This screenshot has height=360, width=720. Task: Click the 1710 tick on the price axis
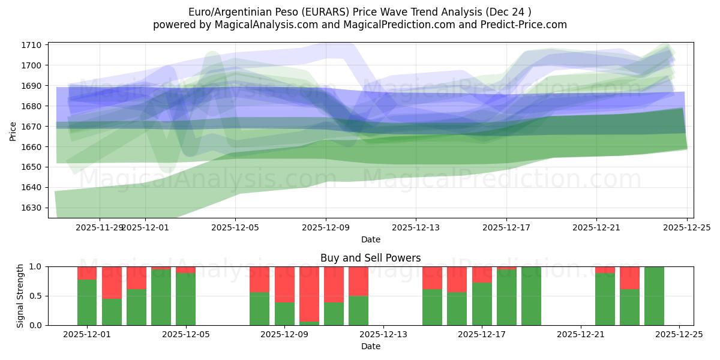(x=32, y=45)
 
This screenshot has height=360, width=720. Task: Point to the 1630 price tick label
(x=32, y=208)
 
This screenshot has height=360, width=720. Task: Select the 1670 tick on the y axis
(x=32, y=127)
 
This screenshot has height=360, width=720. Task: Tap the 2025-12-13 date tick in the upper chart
(x=416, y=228)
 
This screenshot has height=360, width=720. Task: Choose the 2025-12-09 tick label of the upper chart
(x=326, y=228)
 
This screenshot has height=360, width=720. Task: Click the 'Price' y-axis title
(x=13, y=130)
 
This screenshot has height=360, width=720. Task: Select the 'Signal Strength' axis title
(x=20, y=295)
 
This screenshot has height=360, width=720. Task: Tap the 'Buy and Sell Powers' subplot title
(x=370, y=258)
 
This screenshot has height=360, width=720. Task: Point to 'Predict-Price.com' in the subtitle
(x=524, y=25)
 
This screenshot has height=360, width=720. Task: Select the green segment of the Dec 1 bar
(x=87, y=302)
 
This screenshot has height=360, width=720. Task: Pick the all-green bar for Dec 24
(x=654, y=296)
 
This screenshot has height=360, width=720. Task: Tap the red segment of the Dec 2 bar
(x=112, y=282)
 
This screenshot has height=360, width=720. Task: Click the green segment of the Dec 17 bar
(x=482, y=304)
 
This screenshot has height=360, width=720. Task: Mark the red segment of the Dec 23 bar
(x=629, y=278)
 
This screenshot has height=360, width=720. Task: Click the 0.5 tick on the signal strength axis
(x=36, y=296)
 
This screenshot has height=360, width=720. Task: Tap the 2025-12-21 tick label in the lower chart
(x=581, y=334)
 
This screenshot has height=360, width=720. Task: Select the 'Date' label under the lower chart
(x=370, y=346)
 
